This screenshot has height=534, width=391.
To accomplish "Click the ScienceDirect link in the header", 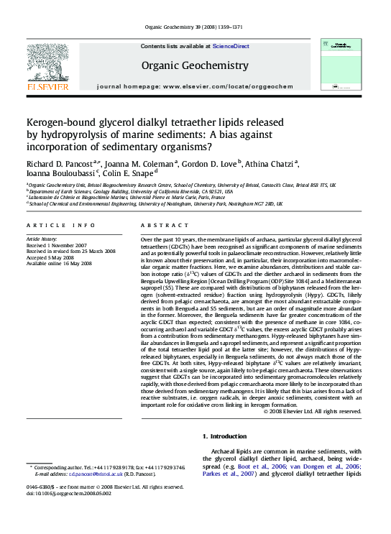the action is [x=232, y=46].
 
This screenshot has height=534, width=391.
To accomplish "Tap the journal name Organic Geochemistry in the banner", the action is [x=195, y=65].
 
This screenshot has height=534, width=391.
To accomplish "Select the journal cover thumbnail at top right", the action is [x=341, y=65].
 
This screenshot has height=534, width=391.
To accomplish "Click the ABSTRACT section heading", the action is [x=160, y=225].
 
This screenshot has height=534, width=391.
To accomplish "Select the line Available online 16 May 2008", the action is [x=59, y=264].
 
